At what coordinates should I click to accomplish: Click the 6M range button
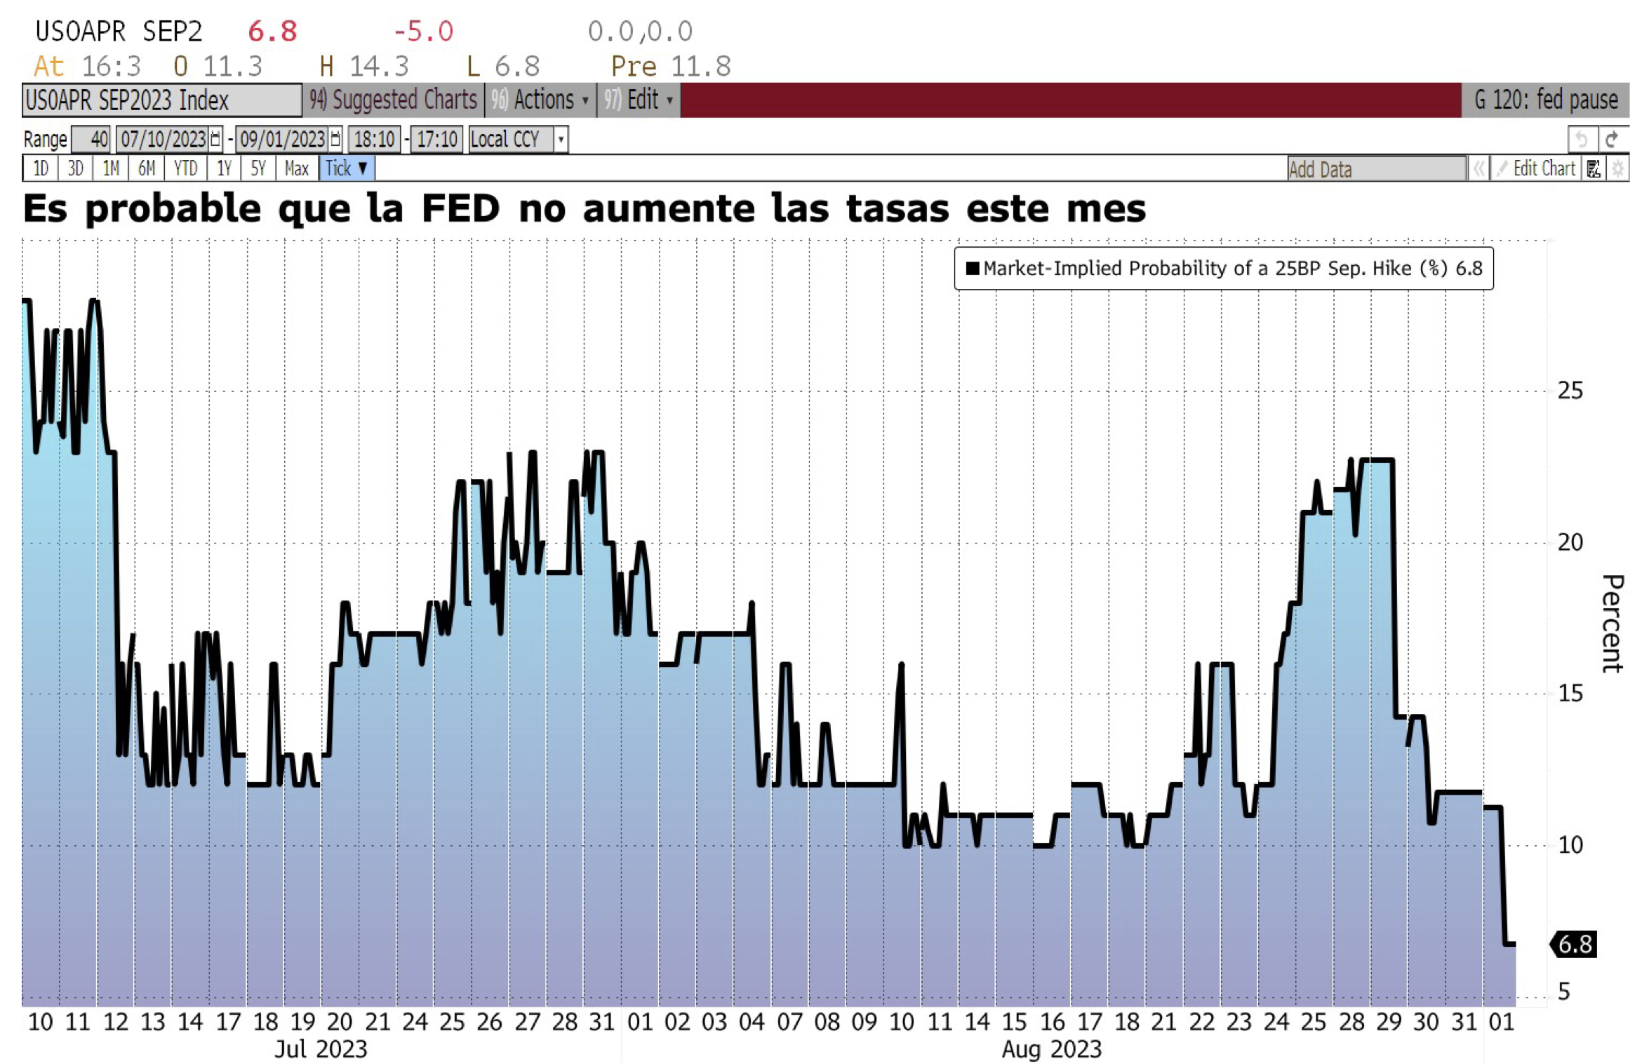click(x=146, y=168)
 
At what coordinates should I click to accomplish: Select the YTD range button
click(x=185, y=168)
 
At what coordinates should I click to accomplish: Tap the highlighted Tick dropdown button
click(x=347, y=168)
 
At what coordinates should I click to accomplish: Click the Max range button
click(x=297, y=168)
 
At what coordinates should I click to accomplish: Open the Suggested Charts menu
click(x=393, y=100)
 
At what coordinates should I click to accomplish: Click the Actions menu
click(x=540, y=100)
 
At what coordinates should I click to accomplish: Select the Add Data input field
click(x=1376, y=169)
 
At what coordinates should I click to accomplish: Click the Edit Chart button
click(x=1537, y=168)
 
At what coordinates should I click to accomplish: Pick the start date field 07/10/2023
click(x=169, y=139)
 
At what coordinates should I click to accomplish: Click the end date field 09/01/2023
click(x=288, y=139)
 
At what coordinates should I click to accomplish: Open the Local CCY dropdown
click(x=518, y=139)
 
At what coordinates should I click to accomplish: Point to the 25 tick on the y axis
click(x=1570, y=391)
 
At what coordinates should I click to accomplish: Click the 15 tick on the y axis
click(x=1570, y=694)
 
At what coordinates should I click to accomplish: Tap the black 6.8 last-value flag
click(x=1573, y=944)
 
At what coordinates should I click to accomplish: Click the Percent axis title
click(x=1613, y=624)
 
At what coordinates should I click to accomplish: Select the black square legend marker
click(x=973, y=269)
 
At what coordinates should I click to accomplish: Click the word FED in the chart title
click(x=460, y=209)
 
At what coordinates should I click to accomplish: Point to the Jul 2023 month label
click(x=321, y=1049)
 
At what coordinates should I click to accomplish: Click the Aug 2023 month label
click(x=1051, y=1049)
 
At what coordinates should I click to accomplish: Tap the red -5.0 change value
click(x=423, y=32)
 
